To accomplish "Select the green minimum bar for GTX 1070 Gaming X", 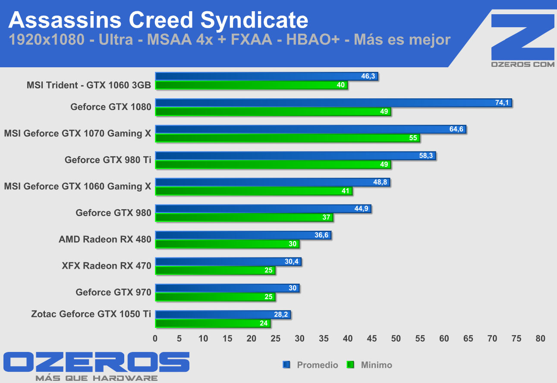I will tap(287, 138).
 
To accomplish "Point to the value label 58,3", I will tap(426, 156).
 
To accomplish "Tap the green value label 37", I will tap(326, 217).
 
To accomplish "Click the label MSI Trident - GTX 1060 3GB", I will tap(89, 85).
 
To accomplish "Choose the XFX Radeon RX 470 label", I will tap(107, 266).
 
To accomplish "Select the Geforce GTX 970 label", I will tap(113, 292).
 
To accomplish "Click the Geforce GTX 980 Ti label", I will tap(108, 160).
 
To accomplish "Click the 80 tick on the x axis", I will tap(540, 339).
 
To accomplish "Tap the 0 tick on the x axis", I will tap(155, 339).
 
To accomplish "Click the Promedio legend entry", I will tap(317, 365).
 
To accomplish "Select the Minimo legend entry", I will tap(376, 365).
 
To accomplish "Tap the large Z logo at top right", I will tap(522, 37).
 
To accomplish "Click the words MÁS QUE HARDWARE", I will tap(96, 378).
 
